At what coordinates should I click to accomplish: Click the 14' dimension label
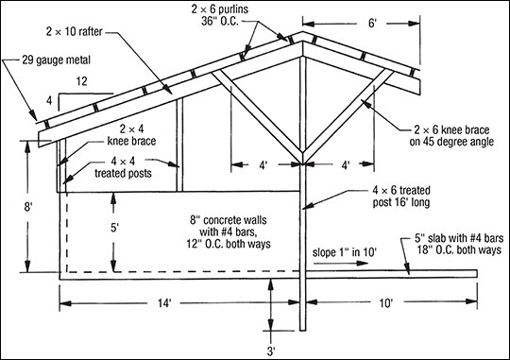[x=164, y=303]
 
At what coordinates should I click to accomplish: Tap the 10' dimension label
[x=386, y=303]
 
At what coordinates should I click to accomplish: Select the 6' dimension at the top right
[x=372, y=24]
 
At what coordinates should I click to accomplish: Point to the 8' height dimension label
[x=27, y=207]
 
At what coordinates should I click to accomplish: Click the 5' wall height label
[x=114, y=228]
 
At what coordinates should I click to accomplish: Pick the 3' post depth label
[x=271, y=351]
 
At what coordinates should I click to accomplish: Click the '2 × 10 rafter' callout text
[x=75, y=31]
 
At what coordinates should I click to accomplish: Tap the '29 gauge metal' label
[x=57, y=60]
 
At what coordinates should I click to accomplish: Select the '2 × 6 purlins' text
[x=220, y=9]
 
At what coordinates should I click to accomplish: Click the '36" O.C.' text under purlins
[x=220, y=21]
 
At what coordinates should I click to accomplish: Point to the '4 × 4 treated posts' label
[x=124, y=167]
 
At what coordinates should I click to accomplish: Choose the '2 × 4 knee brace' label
[x=131, y=135]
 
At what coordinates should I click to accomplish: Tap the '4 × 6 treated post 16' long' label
[x=401, y=196]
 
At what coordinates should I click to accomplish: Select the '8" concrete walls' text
[x=229, y=220]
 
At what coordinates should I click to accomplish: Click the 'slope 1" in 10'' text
[x=345, y=252]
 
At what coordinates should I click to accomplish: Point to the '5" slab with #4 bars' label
[x=459, y=238]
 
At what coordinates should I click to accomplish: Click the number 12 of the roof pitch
[x=81, y=81]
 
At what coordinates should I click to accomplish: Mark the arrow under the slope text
[x=341, y=263]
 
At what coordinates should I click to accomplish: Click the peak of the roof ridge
[x=302, y=31]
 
